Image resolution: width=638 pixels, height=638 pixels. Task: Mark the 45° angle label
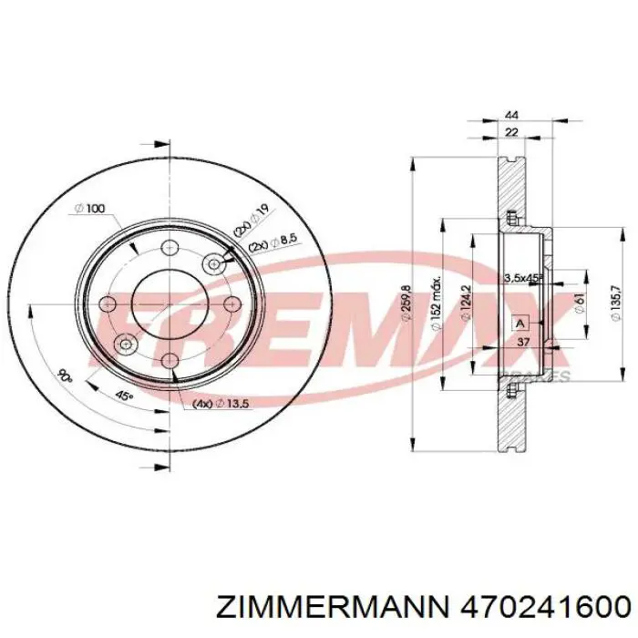coord(123,396)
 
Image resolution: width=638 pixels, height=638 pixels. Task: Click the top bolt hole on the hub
coord(169,249)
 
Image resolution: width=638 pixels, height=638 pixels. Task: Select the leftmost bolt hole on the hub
coord(108,304)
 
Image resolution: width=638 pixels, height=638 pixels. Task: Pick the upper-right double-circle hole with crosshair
coord(214,263)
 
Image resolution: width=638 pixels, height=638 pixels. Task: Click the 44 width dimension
coord(512,116)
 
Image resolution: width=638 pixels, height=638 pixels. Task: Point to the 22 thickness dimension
coord(512,134)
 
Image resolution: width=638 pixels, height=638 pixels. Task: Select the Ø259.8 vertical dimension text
coord(404,305)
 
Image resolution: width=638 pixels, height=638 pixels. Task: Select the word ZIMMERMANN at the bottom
coord(324,603)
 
